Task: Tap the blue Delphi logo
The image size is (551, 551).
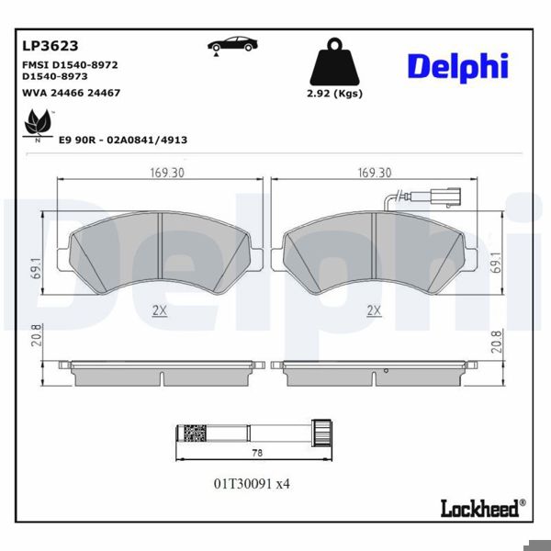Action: [456, 65]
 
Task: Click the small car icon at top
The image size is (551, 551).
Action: [231, 45]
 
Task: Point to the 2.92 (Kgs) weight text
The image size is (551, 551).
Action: [335, 94]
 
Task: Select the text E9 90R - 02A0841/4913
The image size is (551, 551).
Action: [123, 140]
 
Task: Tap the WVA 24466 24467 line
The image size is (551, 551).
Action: [71, 93]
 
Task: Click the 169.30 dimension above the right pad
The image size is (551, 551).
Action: [373, 173]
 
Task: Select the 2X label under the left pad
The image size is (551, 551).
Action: [160, 310]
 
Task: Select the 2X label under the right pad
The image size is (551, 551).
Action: [373, 310]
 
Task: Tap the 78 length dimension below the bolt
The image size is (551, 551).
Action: [257, 453]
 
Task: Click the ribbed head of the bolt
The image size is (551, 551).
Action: [320, 431]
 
